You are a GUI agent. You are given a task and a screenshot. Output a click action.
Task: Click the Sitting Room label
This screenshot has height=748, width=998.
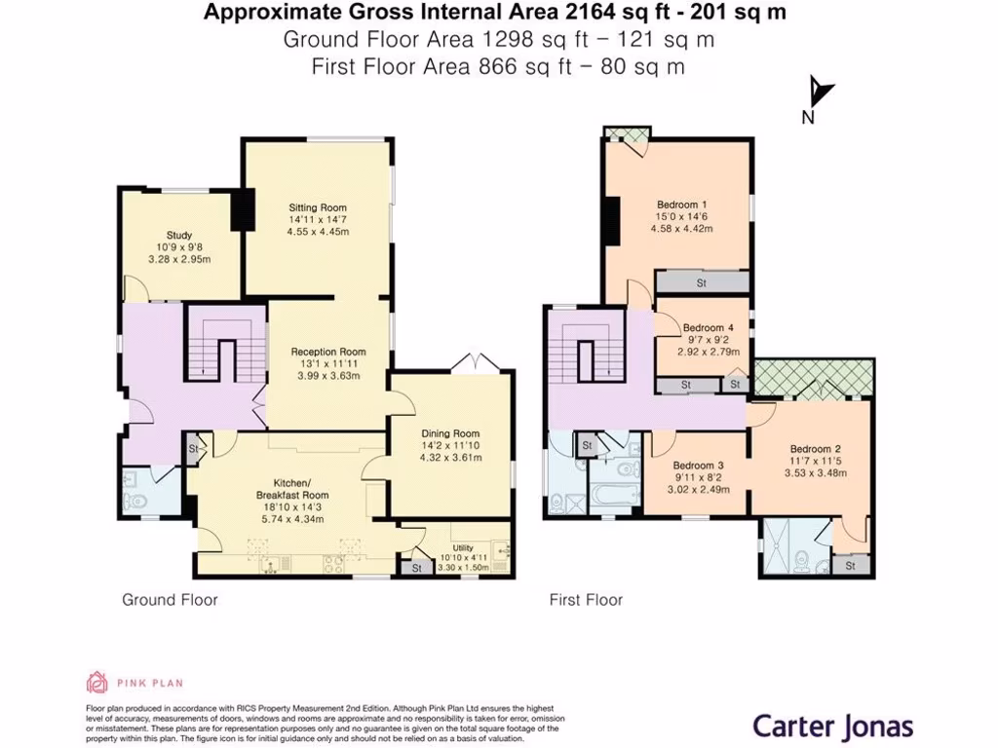coord(318,207)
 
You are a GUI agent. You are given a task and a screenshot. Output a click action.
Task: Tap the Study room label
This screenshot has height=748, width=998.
coord(179,236)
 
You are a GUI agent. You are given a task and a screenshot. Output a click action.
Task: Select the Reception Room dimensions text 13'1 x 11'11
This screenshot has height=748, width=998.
coord(328,364)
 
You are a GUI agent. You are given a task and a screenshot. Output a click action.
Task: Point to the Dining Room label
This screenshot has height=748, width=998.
coord(450,433)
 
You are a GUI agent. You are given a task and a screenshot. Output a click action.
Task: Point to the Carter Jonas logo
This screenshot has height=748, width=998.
coord(832,726)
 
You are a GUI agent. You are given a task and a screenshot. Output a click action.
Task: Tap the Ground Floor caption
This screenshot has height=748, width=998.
coord(170,600)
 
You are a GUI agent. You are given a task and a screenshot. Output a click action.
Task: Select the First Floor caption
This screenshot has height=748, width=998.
coord(586,600)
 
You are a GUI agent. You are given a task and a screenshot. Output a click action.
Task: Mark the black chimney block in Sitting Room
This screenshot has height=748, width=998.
coord(243,209)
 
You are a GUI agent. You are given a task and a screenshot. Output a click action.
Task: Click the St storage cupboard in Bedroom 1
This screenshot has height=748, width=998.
coord(701,283)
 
